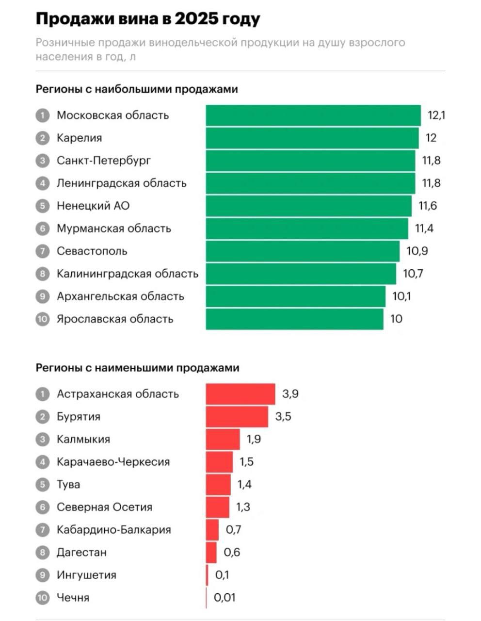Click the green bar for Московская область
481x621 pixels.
point(313,115)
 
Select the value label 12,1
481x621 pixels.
point(436,115)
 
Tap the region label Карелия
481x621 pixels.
point(80,138)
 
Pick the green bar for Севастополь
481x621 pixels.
point(303,251)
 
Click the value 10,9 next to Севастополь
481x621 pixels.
point(417,251)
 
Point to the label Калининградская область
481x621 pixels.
point(128,274)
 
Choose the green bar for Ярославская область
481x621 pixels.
point(294,319)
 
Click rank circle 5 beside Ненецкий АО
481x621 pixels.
point(43,206)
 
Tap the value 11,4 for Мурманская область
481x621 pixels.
point(424,229)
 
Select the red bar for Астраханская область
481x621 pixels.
point(240,394)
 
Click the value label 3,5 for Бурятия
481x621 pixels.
point(283,417)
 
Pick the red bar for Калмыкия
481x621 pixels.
point(223,440)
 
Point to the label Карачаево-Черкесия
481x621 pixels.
point(113,462)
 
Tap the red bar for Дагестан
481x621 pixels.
point(211,553)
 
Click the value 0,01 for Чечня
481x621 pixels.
point(224,598)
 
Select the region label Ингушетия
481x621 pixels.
point(87,575)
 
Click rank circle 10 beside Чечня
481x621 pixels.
point(43,598)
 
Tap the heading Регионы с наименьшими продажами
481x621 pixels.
point(138,368)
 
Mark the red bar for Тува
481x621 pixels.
point(218,485)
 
